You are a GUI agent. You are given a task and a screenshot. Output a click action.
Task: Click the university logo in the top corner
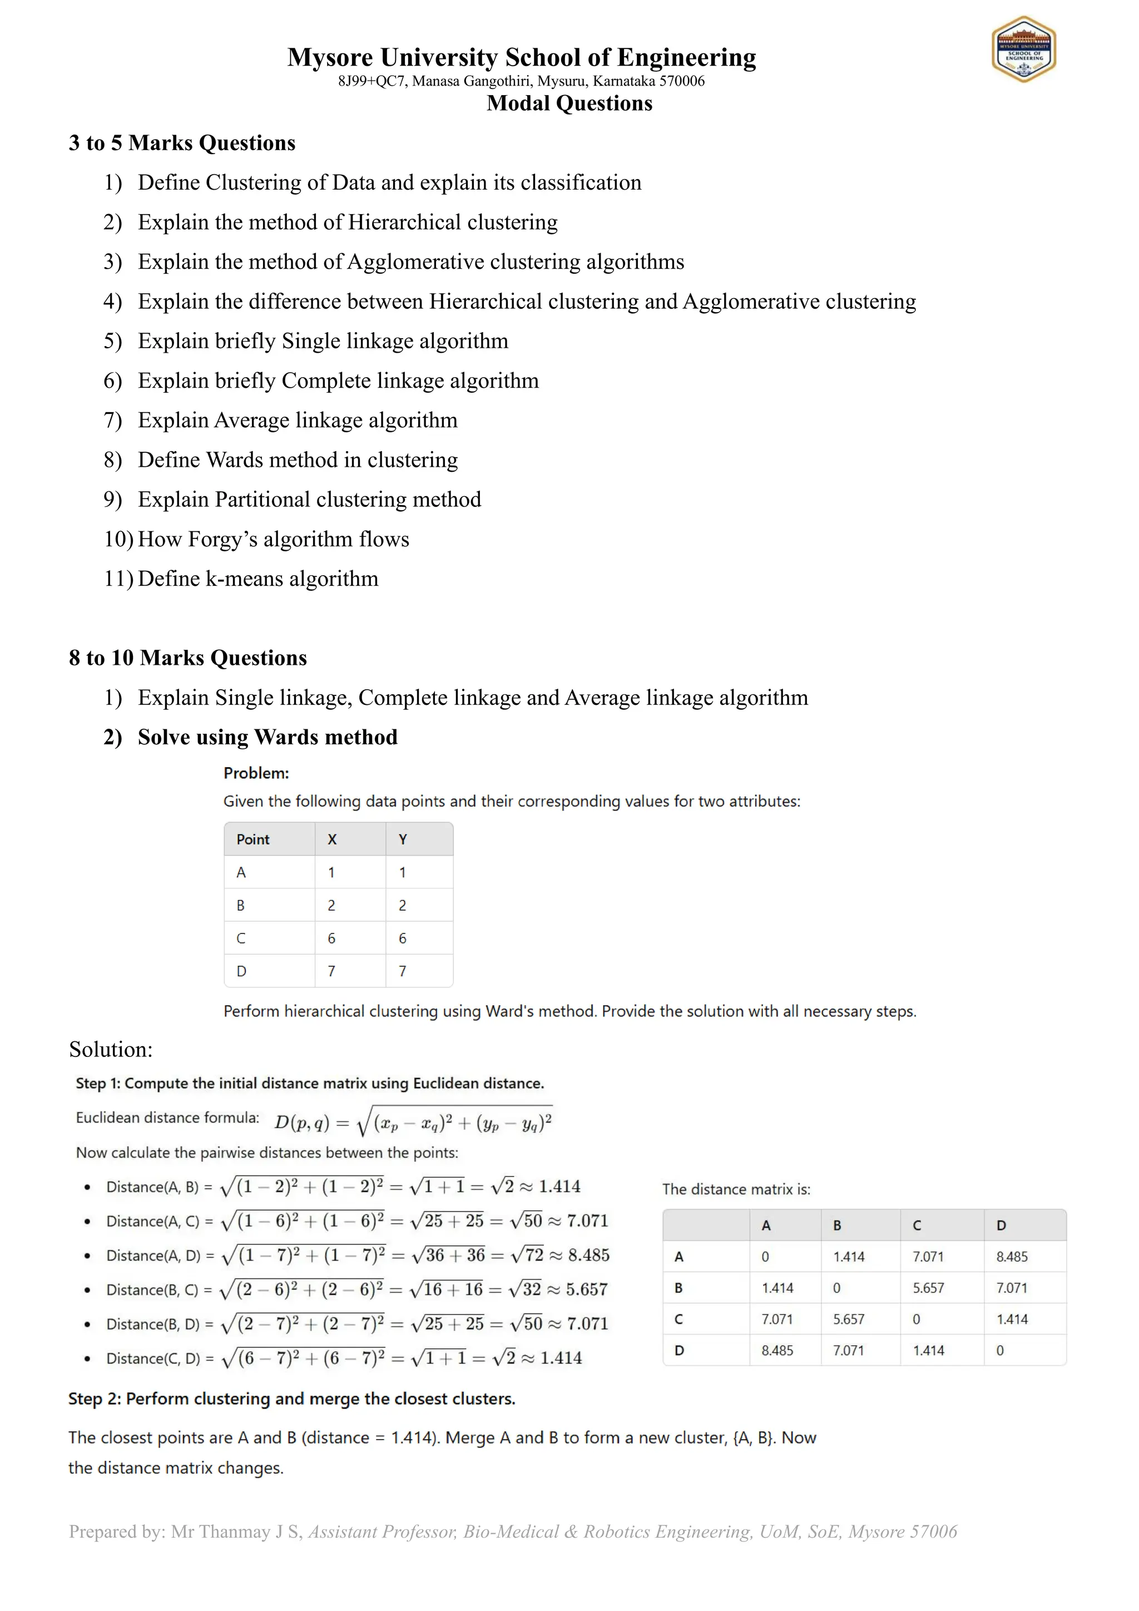[x=1023, y=49]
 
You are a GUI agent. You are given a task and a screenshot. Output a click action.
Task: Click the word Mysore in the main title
[x=330, y=57]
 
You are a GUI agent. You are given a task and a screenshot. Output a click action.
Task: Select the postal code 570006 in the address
[x=681, y=81]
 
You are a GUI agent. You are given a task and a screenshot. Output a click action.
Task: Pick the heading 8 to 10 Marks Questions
[x=188, y=658]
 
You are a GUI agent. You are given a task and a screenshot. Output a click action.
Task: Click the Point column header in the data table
[x=252, y=839]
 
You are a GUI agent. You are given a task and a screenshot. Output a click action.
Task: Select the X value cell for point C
[x=331, y=938]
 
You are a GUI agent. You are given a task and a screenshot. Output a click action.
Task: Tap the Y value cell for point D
[x=403, y=971]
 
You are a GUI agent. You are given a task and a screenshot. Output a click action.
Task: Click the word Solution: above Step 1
[x=111, y=1050]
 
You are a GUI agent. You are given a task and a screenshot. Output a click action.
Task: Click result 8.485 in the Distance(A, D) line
[x=588, y=1256]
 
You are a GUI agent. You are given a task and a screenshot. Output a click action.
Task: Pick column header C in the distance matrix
[x=917, y=1225]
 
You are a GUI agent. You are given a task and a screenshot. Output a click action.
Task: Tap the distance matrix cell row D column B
[x=848, y=1351]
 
